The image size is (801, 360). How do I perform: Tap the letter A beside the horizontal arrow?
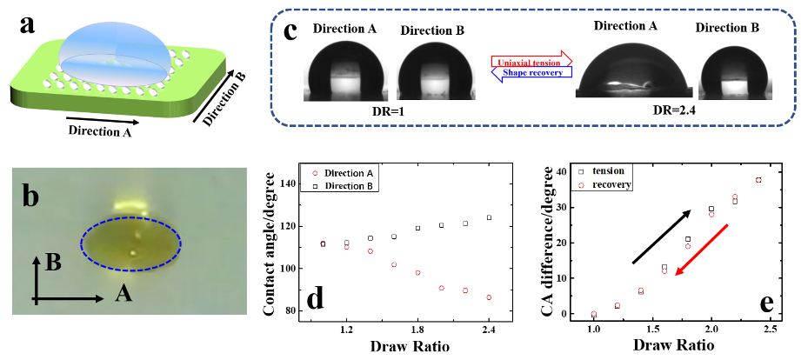click(x=123, y=296)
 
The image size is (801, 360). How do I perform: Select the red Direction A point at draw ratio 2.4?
click(x=489, y=297)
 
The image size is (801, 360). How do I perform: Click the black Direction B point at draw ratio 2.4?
click(x=489, y=217)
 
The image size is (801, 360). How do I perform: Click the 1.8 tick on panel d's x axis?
click(x=417, y=330)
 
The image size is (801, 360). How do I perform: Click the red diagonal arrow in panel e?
click(x=701, y=250)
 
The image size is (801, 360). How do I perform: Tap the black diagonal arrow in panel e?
click(x=661, y=236)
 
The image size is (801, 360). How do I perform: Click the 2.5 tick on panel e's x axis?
click(x=770, y=331)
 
